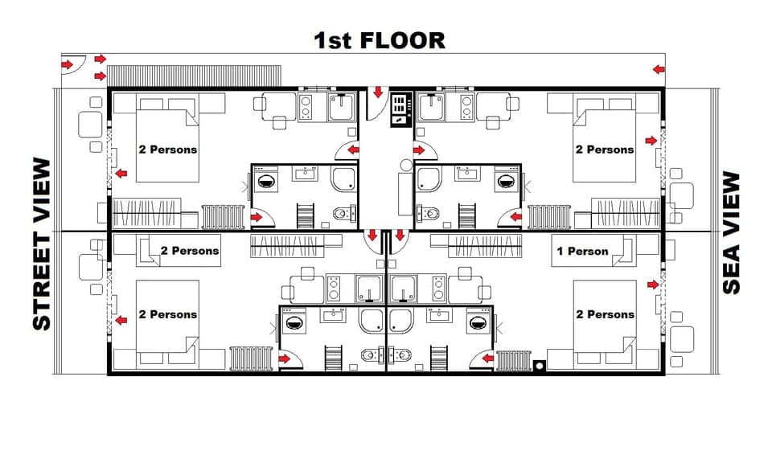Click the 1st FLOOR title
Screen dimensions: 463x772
pyautogui.click(x=379, y=40)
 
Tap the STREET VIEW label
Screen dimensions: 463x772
pyautogui.click(x=41, y=244)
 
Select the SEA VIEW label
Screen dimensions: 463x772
pyautogui.click(x=731, y=233)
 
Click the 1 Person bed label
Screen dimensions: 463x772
pyautogui.click(x=582, y=251)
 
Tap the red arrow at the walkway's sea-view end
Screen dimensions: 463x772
pyautogui.click(x=659, y=70)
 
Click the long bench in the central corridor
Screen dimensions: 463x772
pyautogui.click(x=405, y=193)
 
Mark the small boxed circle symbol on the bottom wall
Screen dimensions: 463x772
pyautogui.click(x=539, y=365)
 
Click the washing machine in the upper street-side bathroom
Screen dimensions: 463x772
pyautogui.click(x=265, y=181)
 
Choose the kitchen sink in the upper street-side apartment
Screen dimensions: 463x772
pyautogui.click(x=341, y=107)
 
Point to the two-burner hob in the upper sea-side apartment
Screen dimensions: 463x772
pyautogui.click(x=466, y=107)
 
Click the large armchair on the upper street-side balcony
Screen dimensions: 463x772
pyautogui.click(x=88, y=125)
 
